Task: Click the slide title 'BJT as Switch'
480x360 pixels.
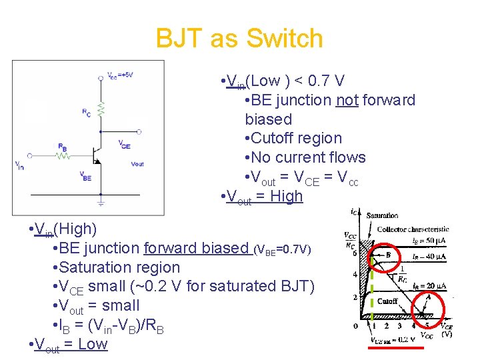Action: pos(239,39)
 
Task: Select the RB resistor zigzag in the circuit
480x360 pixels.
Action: pos(63,155)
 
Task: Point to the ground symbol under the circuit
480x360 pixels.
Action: pos(101,198)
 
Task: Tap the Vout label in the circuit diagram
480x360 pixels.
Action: pos(137,163)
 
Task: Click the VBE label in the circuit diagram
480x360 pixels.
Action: pos(86,176)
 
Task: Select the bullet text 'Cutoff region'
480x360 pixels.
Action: pos(297,139)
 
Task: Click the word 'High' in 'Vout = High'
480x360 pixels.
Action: pos(286,197)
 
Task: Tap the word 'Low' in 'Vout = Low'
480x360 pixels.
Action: pos(92,344)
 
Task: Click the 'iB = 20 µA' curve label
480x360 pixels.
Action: pos(429,286)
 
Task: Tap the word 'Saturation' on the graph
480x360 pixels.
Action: pos(382,215)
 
